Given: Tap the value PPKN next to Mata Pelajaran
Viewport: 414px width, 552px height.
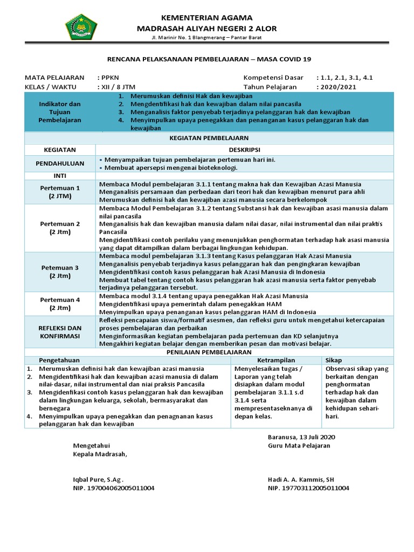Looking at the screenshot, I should tap(109, 78).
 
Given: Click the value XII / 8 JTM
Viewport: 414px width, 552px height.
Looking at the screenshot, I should tap(116, 86).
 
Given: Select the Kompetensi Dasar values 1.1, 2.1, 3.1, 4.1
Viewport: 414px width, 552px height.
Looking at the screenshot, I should tap(345, 78).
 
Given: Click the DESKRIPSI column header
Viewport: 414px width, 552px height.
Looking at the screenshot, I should tap(244, 149).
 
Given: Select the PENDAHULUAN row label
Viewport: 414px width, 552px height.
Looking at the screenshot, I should tap(60, 163).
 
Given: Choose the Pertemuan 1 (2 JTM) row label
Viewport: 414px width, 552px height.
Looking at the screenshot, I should tap(60, 192).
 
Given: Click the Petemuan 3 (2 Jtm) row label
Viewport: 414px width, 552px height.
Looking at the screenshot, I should tap(60, 272).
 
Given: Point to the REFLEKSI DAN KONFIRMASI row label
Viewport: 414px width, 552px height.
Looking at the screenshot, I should tap(60, 332).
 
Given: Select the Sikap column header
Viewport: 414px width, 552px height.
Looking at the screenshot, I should tap(334, 360).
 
